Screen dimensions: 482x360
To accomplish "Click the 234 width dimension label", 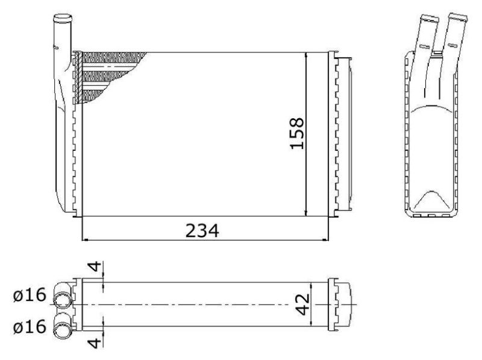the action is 202,231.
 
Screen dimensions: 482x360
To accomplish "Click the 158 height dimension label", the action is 297,133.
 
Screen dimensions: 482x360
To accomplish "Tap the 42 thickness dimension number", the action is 302,305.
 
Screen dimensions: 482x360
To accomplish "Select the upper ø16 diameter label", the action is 30,295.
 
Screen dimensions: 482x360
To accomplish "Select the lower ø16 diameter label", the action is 30,326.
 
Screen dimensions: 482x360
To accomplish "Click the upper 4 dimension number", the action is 95,267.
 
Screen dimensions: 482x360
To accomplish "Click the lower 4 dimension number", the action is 95,343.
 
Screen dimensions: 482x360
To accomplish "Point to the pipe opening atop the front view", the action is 63,18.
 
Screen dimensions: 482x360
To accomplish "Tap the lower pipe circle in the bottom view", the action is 63,330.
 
